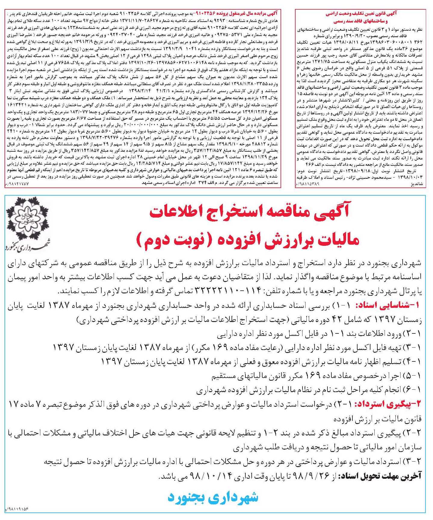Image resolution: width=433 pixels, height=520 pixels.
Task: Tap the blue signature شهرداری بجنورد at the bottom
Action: click(213, 497)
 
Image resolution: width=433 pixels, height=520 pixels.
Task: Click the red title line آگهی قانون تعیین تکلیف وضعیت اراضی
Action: click(361, 14)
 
